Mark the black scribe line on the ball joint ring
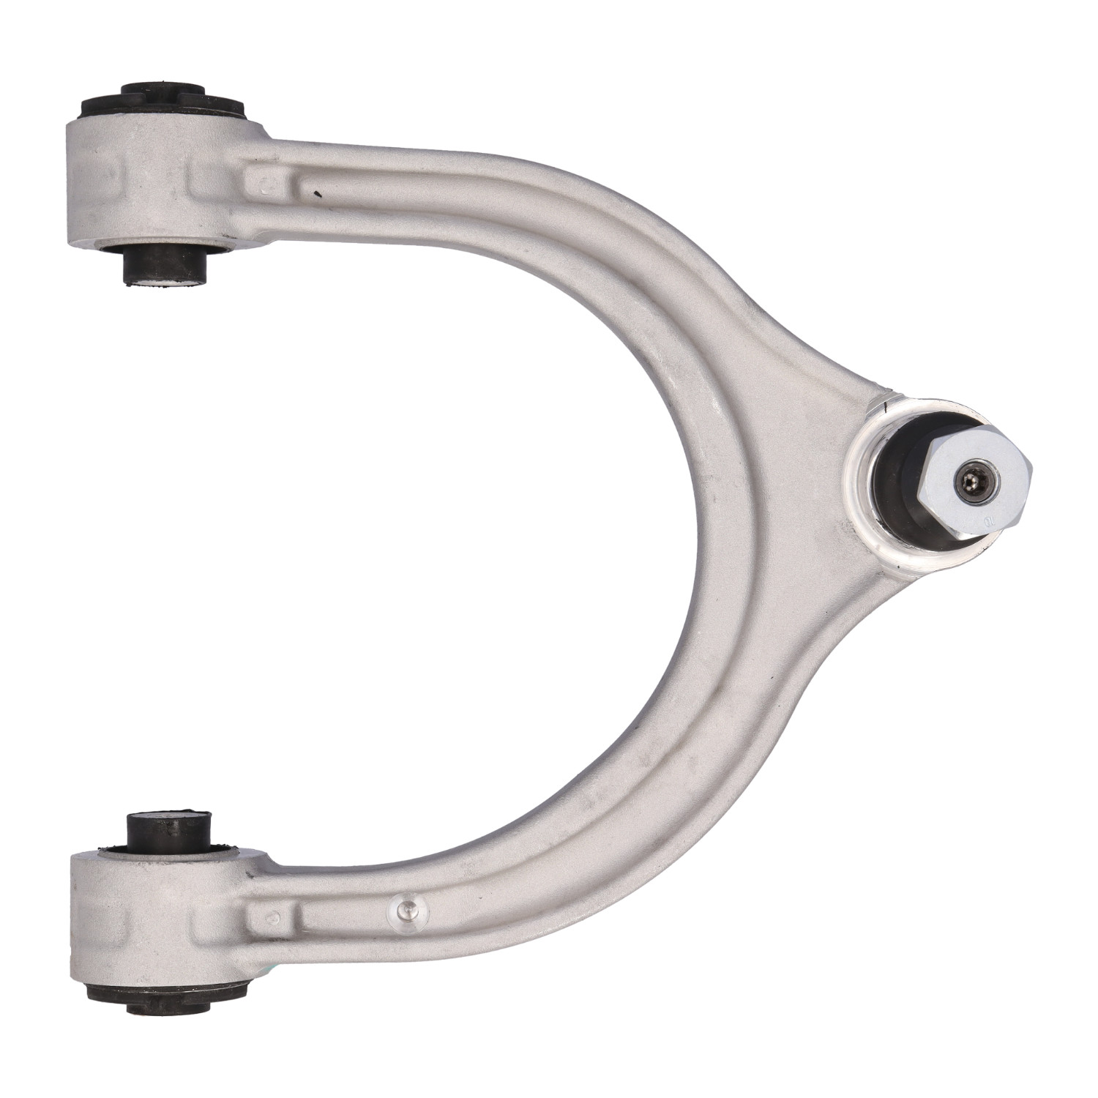pyautogui.click(x=886, y=404)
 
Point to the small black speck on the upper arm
pyautogui.click(x=315, y=194)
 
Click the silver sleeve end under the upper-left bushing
pyautogui.click(x=165, y=283)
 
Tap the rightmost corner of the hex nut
pyautogui.click(x=1031, y=468)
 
